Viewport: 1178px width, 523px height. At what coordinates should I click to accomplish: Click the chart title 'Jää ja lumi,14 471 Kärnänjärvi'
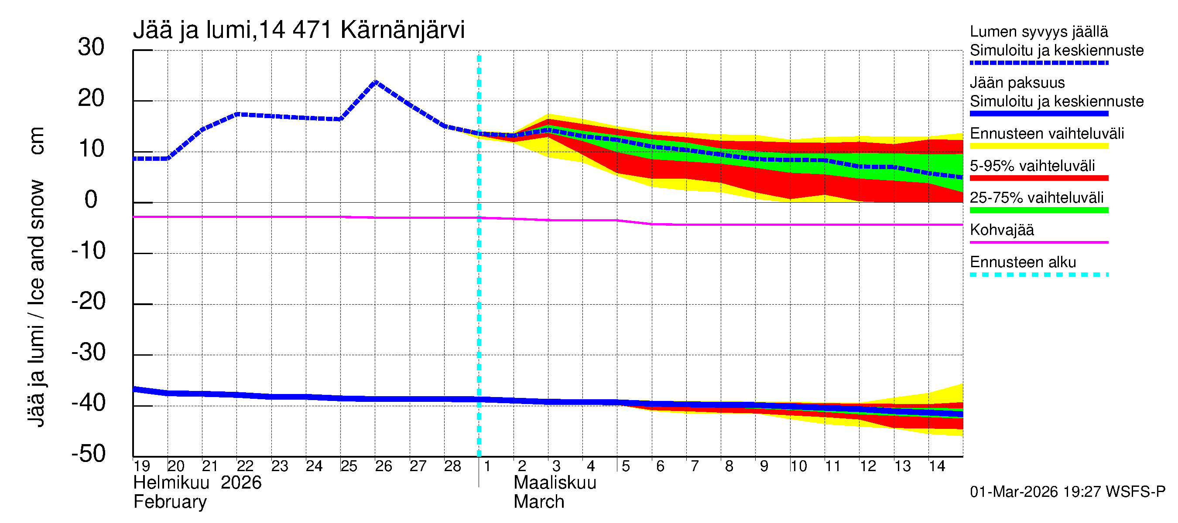pos(298,30)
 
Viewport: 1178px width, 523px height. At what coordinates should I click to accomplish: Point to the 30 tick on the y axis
pos(91,48)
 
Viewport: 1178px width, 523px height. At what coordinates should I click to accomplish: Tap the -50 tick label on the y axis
pos(88,454)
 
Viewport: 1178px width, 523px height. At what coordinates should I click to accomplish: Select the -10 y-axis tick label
pos(88,251)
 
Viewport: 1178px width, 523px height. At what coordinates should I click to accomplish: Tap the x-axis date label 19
pos(142,466)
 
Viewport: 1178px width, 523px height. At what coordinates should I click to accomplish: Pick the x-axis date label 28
pos(452,466)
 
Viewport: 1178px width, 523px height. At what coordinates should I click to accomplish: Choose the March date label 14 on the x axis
pos(937,466)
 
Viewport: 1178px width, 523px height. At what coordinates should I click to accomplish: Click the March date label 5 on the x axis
pos(626,466)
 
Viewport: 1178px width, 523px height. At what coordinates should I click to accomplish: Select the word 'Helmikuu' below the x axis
pos(171,483)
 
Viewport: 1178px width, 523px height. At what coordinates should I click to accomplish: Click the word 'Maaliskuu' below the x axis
pos(555,483)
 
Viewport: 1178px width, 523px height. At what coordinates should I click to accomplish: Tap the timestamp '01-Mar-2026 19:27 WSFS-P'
pos(1067,492)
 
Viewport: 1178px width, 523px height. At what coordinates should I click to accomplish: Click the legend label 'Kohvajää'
pos(1001,230)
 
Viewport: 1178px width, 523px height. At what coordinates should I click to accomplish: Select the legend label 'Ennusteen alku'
pos(1023,262)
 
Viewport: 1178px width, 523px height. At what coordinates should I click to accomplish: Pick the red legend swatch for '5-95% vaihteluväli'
pos(1038,178)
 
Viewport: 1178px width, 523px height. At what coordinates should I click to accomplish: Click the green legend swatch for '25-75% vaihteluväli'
pos(1038,210)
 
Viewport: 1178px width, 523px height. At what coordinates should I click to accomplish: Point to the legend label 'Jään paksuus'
pos(1017,83)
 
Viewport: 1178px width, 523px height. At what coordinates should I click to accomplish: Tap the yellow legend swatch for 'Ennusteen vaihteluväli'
pos(1038,146)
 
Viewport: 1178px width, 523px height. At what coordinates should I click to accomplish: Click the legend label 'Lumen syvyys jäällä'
pos(1038,32)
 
